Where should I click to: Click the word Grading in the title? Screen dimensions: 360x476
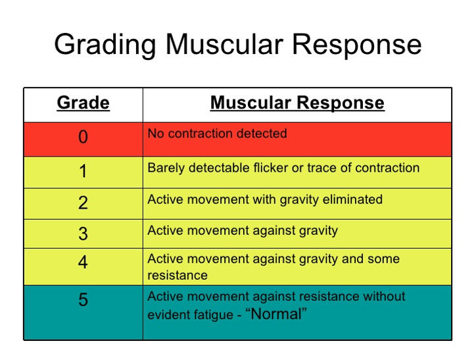[106, 45]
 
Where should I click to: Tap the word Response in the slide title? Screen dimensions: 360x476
[358, 45]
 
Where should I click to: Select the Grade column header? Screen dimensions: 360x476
[83, 103]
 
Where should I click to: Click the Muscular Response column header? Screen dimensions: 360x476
[297, 103]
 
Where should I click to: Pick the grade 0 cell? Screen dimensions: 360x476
[83, 138]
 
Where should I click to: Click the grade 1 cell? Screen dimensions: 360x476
[83, 172]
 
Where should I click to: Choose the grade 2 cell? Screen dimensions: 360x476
[83, 203]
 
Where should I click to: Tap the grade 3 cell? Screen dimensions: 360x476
[83, 233]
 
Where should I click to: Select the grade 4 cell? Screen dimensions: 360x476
[83, 263]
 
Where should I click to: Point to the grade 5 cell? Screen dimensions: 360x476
[83, 300]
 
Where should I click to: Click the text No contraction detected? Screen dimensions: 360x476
[217, 134]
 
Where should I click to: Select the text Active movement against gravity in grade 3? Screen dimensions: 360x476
[242, 230]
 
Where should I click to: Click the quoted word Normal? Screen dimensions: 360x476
[276, 314]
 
